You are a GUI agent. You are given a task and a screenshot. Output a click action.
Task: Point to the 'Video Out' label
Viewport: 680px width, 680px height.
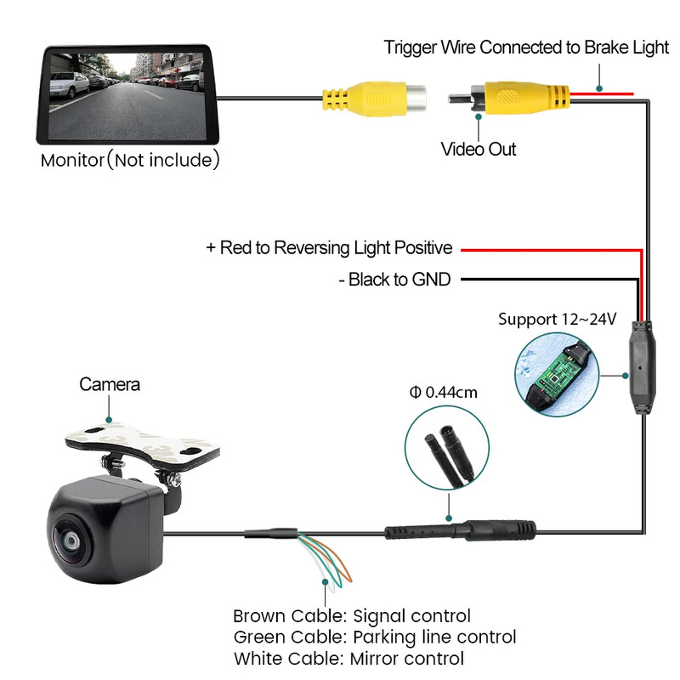click(479, 150)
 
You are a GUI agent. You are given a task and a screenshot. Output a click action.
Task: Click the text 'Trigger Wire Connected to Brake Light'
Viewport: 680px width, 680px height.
click(526, 48)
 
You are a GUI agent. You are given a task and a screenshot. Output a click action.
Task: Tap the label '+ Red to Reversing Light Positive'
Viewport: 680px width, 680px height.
click(329, 248)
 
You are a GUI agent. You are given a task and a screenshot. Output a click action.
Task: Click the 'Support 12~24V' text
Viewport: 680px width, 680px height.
click(557, 320)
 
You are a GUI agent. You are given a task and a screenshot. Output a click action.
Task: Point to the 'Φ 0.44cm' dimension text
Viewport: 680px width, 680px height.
click(443, 392)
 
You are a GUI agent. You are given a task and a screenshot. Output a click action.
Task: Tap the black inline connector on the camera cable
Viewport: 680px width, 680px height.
click(460, 532)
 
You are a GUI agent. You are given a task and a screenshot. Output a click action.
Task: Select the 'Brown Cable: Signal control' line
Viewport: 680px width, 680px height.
click(351, 616)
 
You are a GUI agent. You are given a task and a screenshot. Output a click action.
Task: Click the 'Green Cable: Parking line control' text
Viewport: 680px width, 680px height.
click(374, 637)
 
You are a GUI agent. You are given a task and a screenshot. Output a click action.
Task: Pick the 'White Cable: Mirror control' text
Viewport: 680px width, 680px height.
click(348, 658)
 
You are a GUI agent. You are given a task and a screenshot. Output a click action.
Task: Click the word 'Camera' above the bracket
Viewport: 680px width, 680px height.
click(110, 384)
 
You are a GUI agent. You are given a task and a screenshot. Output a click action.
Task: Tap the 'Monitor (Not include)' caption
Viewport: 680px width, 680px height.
click(130, 160)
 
